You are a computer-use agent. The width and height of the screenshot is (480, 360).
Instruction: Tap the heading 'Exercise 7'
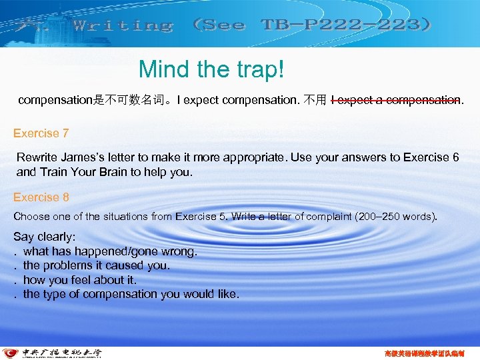point(41,133)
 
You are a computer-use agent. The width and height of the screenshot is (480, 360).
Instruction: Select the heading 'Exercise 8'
point(41,197)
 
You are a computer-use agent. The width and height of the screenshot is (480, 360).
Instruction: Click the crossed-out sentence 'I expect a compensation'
point(395,101)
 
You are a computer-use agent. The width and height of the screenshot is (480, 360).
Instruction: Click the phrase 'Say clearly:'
point(45,237)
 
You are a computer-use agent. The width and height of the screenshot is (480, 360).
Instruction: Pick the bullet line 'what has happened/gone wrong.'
point(110,251)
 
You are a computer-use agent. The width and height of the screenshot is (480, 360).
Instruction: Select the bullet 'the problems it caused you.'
point(97,265)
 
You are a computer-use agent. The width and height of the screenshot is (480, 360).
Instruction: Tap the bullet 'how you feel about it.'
point(80,279)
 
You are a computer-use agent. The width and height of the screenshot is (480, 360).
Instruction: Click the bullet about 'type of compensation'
point(131,293)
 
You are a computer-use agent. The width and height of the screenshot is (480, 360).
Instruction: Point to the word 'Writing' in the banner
point(123,26)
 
